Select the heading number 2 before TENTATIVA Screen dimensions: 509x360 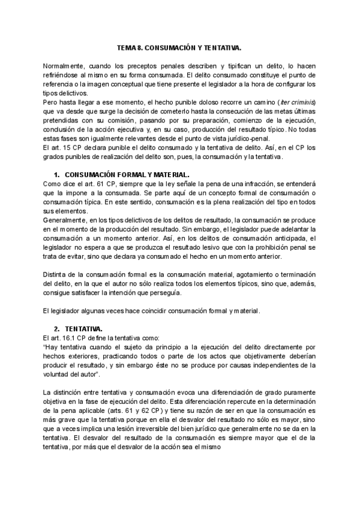pyautogui.click(x=56, y=328)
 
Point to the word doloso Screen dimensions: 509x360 pyautogui.click(x=209, y=101)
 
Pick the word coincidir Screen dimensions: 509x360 pyautogui.click(x=142, y=310)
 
